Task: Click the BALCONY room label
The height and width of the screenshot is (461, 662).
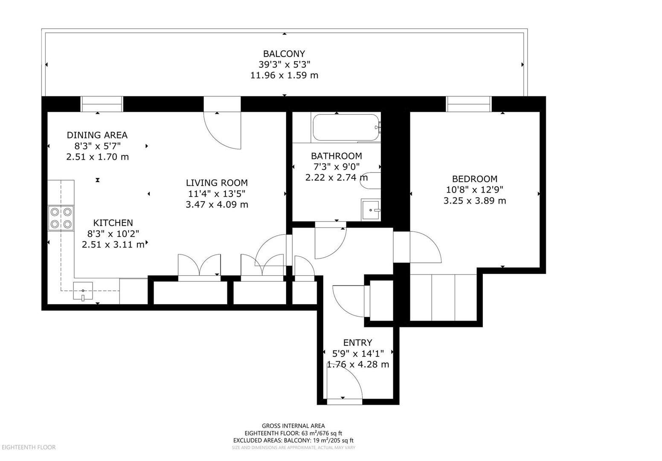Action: click(x=284, y=54)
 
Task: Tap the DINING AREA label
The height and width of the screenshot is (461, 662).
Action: click(x=97, y=135)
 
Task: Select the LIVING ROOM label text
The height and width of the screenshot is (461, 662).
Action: click(x=216, y=183)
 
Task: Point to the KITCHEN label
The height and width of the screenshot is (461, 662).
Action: click(x=113, y=222)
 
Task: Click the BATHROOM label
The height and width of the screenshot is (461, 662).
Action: click(x=336, y=156)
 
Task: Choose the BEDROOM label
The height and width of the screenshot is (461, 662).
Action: click(x=474, y=179)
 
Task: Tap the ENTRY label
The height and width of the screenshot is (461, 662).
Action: click(x=357, y=342)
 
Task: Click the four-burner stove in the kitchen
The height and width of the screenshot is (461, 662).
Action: click(x=61, y=218)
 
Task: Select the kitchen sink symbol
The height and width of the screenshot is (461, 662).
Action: click(x=83, y=292)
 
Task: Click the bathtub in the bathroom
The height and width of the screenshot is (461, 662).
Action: click(x=346, y=128)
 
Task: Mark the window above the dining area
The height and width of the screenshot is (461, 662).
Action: click(x=102, y=104)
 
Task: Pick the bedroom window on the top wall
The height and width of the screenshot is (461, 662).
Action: click(x=468, y=104)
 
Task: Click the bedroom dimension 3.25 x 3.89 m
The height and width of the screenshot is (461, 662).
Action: click(x=474, y=201)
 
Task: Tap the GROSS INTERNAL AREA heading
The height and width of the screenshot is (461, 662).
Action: click(x=293, y=426)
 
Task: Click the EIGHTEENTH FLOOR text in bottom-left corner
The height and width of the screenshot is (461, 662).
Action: click(x=29, y=447)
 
